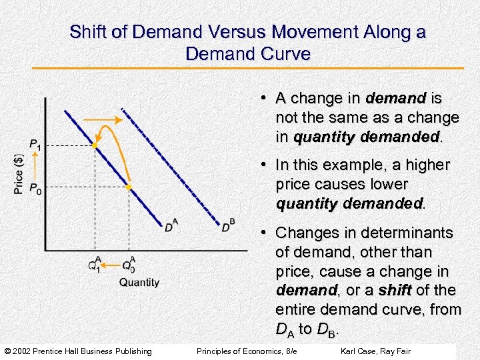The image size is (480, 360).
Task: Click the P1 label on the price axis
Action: (x=34, y=145)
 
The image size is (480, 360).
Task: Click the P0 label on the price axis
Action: (x=34, y=187)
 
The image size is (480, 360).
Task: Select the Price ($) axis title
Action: (x=19, y=173)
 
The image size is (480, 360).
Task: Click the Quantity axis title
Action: (x=139, y=282)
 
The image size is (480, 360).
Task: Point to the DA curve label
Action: (x=171, y=225)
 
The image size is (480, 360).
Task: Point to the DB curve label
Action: (x=228, y=226)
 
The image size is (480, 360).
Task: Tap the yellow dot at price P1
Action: (x=95, y=145)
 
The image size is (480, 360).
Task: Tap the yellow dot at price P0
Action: (x=129, y=187)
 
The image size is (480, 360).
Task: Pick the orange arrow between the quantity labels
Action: (x=111, y=264)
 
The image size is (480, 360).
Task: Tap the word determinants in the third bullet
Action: (x=411, y=233)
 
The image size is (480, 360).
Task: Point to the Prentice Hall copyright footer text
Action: (x=78, y=351)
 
